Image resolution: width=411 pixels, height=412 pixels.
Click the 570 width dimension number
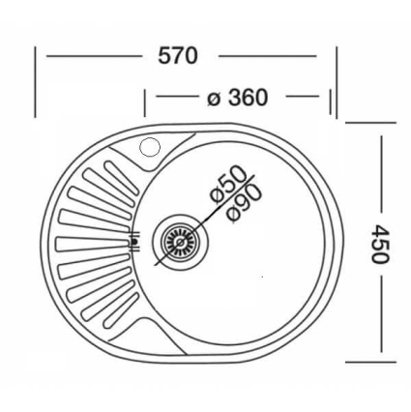tap(178, 56)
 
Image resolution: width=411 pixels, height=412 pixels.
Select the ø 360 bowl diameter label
tap(238, 98)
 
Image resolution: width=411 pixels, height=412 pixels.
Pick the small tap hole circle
tap(150, 148)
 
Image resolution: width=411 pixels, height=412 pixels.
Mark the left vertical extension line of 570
tap(36, 82)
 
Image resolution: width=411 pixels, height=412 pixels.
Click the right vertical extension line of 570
tap(337, 82)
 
